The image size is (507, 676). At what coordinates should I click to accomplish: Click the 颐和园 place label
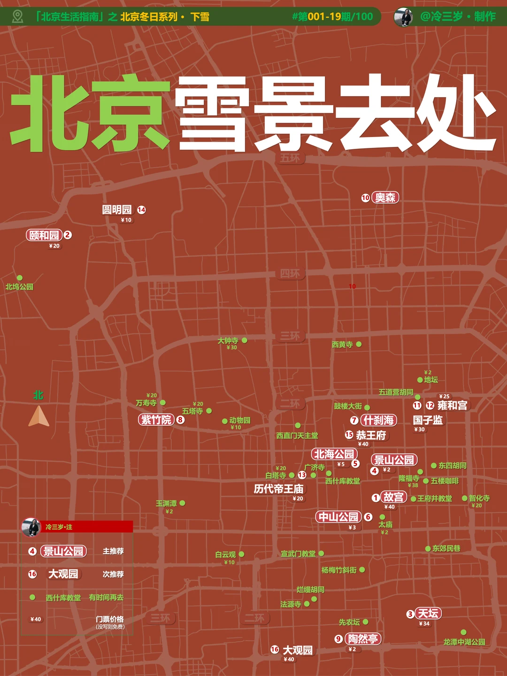click(x=44, y=235)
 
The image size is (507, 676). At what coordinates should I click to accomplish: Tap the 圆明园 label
click(x=117, y=209)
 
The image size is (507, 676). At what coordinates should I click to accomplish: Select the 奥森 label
click(x=385, y=198)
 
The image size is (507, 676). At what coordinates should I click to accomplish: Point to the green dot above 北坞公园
click(x=20, y=278)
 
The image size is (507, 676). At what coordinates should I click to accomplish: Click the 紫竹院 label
click(x=156, y=420)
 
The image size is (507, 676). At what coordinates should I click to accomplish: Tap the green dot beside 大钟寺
click(x=245, y=340)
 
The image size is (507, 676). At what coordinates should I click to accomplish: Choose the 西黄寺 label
click(x=342, y=345)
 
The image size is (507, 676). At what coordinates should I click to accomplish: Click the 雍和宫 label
click(x=452, y=405)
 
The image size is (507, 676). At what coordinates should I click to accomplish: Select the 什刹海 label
click(x=378, y=420)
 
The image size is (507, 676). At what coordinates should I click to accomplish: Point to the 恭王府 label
click(x=371, y=435)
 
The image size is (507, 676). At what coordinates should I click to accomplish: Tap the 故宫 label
click(x=393, y=497)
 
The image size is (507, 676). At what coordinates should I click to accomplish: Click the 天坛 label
click(x=428, y=613)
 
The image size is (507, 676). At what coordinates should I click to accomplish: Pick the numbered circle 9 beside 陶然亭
click(x=338, y=639)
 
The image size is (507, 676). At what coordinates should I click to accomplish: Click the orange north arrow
click(x=39, y=416)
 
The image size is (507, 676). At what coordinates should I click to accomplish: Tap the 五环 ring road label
click(x=290, y=158)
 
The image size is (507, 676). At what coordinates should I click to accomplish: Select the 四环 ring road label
click(x=290, y=273)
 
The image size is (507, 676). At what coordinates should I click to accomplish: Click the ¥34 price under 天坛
click(x=424, y=624)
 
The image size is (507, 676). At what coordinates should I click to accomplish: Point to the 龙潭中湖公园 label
click(x=464, y=642)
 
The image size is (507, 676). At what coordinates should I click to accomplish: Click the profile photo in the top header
click(x=404, y=17)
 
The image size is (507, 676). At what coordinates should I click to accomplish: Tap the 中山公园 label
click(x=338, y=517)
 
